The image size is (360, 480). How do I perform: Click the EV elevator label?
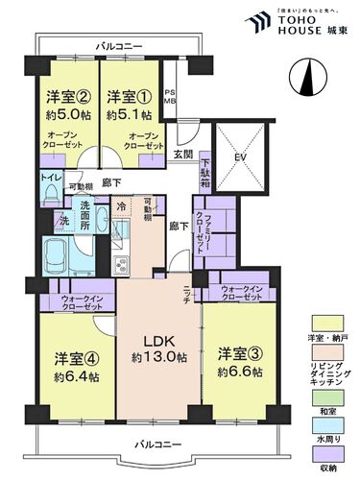(x=241, y=158)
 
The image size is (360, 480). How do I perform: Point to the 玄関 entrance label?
(x=183, y=155)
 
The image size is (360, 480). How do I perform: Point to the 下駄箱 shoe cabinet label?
(x=205, y=175)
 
